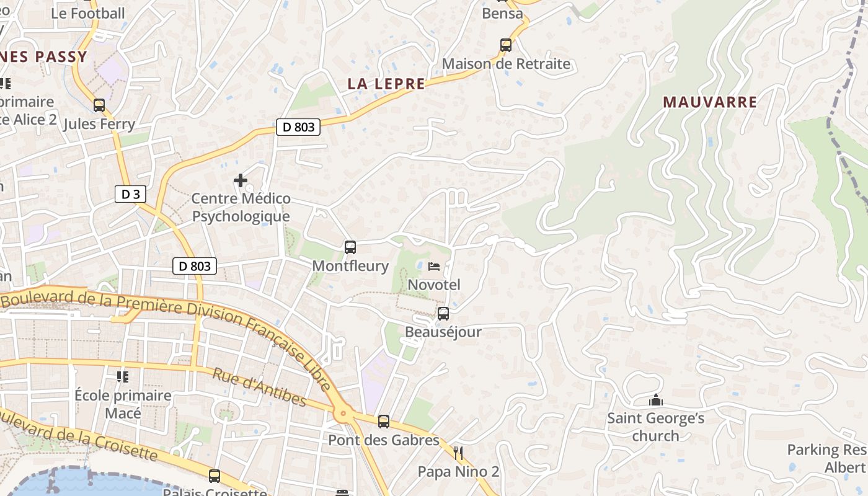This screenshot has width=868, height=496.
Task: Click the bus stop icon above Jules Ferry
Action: point(99,105)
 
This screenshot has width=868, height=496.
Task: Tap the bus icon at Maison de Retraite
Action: point(506,45)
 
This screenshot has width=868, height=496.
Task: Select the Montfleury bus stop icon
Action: point(350,247)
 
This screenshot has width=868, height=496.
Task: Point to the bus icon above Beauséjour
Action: point(443,314)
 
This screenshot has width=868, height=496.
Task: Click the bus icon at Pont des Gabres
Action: point(384,422)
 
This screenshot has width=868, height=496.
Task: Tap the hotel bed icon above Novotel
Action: point(434,267)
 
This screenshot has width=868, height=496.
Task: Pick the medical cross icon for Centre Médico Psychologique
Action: point(241,180)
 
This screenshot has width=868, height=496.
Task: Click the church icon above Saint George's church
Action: point(656,401)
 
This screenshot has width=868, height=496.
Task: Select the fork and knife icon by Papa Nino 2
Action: point(458,453)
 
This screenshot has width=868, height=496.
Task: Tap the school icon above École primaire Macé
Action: point(123,376)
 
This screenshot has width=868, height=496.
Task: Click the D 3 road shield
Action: point(130,195)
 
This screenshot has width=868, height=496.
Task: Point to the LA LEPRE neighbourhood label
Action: point(386,84)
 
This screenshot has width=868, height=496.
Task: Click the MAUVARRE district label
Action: point(710,102)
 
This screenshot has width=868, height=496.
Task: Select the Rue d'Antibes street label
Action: point(259,387)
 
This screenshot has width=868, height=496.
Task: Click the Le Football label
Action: point(87,13)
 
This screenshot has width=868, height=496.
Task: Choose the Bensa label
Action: point(502,13)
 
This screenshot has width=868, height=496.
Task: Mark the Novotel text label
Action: point(434,285)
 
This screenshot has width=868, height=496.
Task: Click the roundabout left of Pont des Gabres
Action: point(342,413)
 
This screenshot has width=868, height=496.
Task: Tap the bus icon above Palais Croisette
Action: point(215,476)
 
